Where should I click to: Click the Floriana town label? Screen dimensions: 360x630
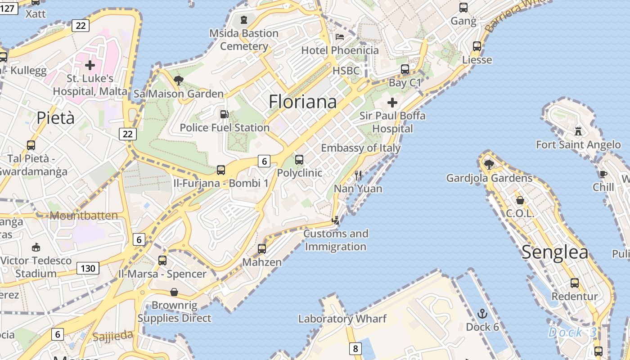pyautogui.click(x=302, y=102)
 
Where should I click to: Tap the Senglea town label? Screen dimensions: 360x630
pyautogui.click(x=555, y=253)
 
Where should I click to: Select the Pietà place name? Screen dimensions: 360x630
pyautogui.click(x=56, y=118)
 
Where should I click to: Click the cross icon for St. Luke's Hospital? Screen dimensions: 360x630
pyautogui.click(x=90, y=65)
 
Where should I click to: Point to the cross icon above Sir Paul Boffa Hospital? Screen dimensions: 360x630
pyautogui.click(x=392, y=103)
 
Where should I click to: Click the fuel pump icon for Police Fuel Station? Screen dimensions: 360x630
pyautogui.click(x=224, y=115)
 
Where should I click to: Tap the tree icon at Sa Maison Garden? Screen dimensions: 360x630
pyautogui.click(x=179, y=81)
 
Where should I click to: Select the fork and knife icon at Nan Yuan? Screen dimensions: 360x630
pyautogui.click(x=358, y=175)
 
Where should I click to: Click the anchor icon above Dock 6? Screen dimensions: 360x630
pyautogui.click(x=482, y=314)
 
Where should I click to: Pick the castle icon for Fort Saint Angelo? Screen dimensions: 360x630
pyautogui.click(x=578, y=131)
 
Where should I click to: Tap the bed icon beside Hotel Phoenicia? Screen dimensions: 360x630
pyautogui.click(x=340, y=37)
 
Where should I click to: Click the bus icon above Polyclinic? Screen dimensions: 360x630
pyautogui.click(x=299, y=159)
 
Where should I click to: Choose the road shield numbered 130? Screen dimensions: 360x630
pyautogui.click(x=88, y=269)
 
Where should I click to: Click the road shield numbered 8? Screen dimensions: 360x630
pyautogui.click(x=355, y=348)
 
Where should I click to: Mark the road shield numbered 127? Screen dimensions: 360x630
pyautogui.click(x=8, y=8)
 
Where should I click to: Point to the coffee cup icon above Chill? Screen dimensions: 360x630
pyautogui.click(x=603, y=174)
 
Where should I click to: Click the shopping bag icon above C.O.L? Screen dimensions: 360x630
pyautogui.click(x=520, y=200)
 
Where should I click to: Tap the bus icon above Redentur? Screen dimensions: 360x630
pyautogui.click(x=575, y=283)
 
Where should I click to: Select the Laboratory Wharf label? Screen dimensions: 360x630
pyautogui.click(x=342, y=319)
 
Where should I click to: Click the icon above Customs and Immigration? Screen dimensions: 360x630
pyautogui.click(x=336, y=220)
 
